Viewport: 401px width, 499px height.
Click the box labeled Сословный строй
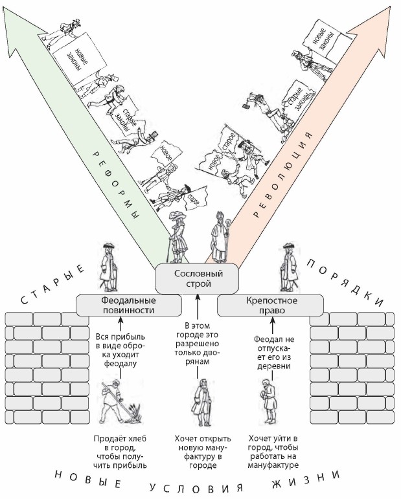pos(197,278)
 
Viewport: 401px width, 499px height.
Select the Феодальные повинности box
pos(129,305)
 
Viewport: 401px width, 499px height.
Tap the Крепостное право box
pos(270,305)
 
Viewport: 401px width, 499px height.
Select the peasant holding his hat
pos(268,402)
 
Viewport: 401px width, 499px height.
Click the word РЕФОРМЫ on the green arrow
pos(117,188)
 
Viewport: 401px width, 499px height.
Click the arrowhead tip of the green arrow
pos(5,6)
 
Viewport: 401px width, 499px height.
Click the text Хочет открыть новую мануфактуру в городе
pos(203,452)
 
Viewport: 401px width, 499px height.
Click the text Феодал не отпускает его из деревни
pos(274,353)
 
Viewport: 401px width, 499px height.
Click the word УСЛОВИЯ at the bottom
pos(196,488)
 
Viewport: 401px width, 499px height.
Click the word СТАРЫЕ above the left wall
pos(52,284)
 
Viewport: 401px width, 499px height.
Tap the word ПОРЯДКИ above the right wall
pos(345,282)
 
